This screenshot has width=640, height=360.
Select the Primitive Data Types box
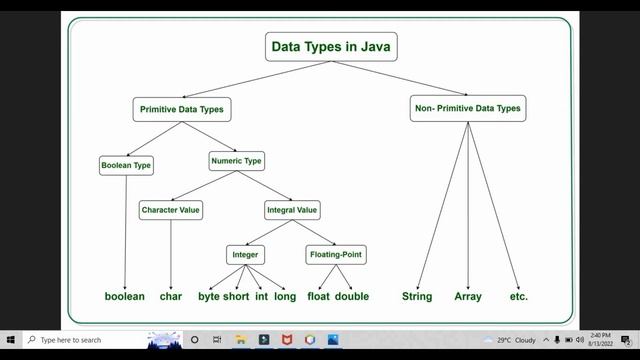click(x=179, y=108)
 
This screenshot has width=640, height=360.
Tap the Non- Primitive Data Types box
click(x=467, y=108)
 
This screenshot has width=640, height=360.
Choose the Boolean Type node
click(x=126, y=165)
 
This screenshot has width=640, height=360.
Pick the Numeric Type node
click(x=237, y=159)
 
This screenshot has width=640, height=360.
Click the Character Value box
click(x=171, y=210)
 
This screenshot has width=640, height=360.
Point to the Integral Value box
click(x=292, y=210)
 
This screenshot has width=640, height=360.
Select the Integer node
click(x=246, y=255)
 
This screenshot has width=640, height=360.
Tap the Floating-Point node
click(x=336, y=255)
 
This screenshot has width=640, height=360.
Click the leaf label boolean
click(x=125, y=297)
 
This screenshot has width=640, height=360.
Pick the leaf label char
click(x=171, y=297)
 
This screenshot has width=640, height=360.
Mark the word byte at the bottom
click(x=209, y=297)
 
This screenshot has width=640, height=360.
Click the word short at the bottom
click(x=236, y=297)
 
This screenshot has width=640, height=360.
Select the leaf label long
click(x=285, y=297)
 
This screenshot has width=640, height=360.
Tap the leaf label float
click(x=318, y=297)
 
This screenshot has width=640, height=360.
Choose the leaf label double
click(x=352, y=297)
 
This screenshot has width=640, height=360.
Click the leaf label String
click(x=416, y=297)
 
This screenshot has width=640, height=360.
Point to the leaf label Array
click(x=468, y=297)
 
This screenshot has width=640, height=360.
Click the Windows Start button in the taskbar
click(x=10, y=340)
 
